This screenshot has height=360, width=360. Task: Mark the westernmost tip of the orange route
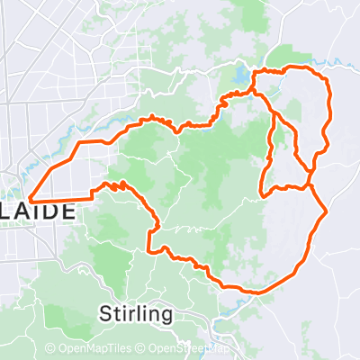coord(31,198)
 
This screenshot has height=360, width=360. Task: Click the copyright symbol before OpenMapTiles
coord(50,349)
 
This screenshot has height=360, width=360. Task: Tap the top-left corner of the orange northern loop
coord(254,72)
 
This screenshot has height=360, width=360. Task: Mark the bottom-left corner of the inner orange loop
coord(261,194)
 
